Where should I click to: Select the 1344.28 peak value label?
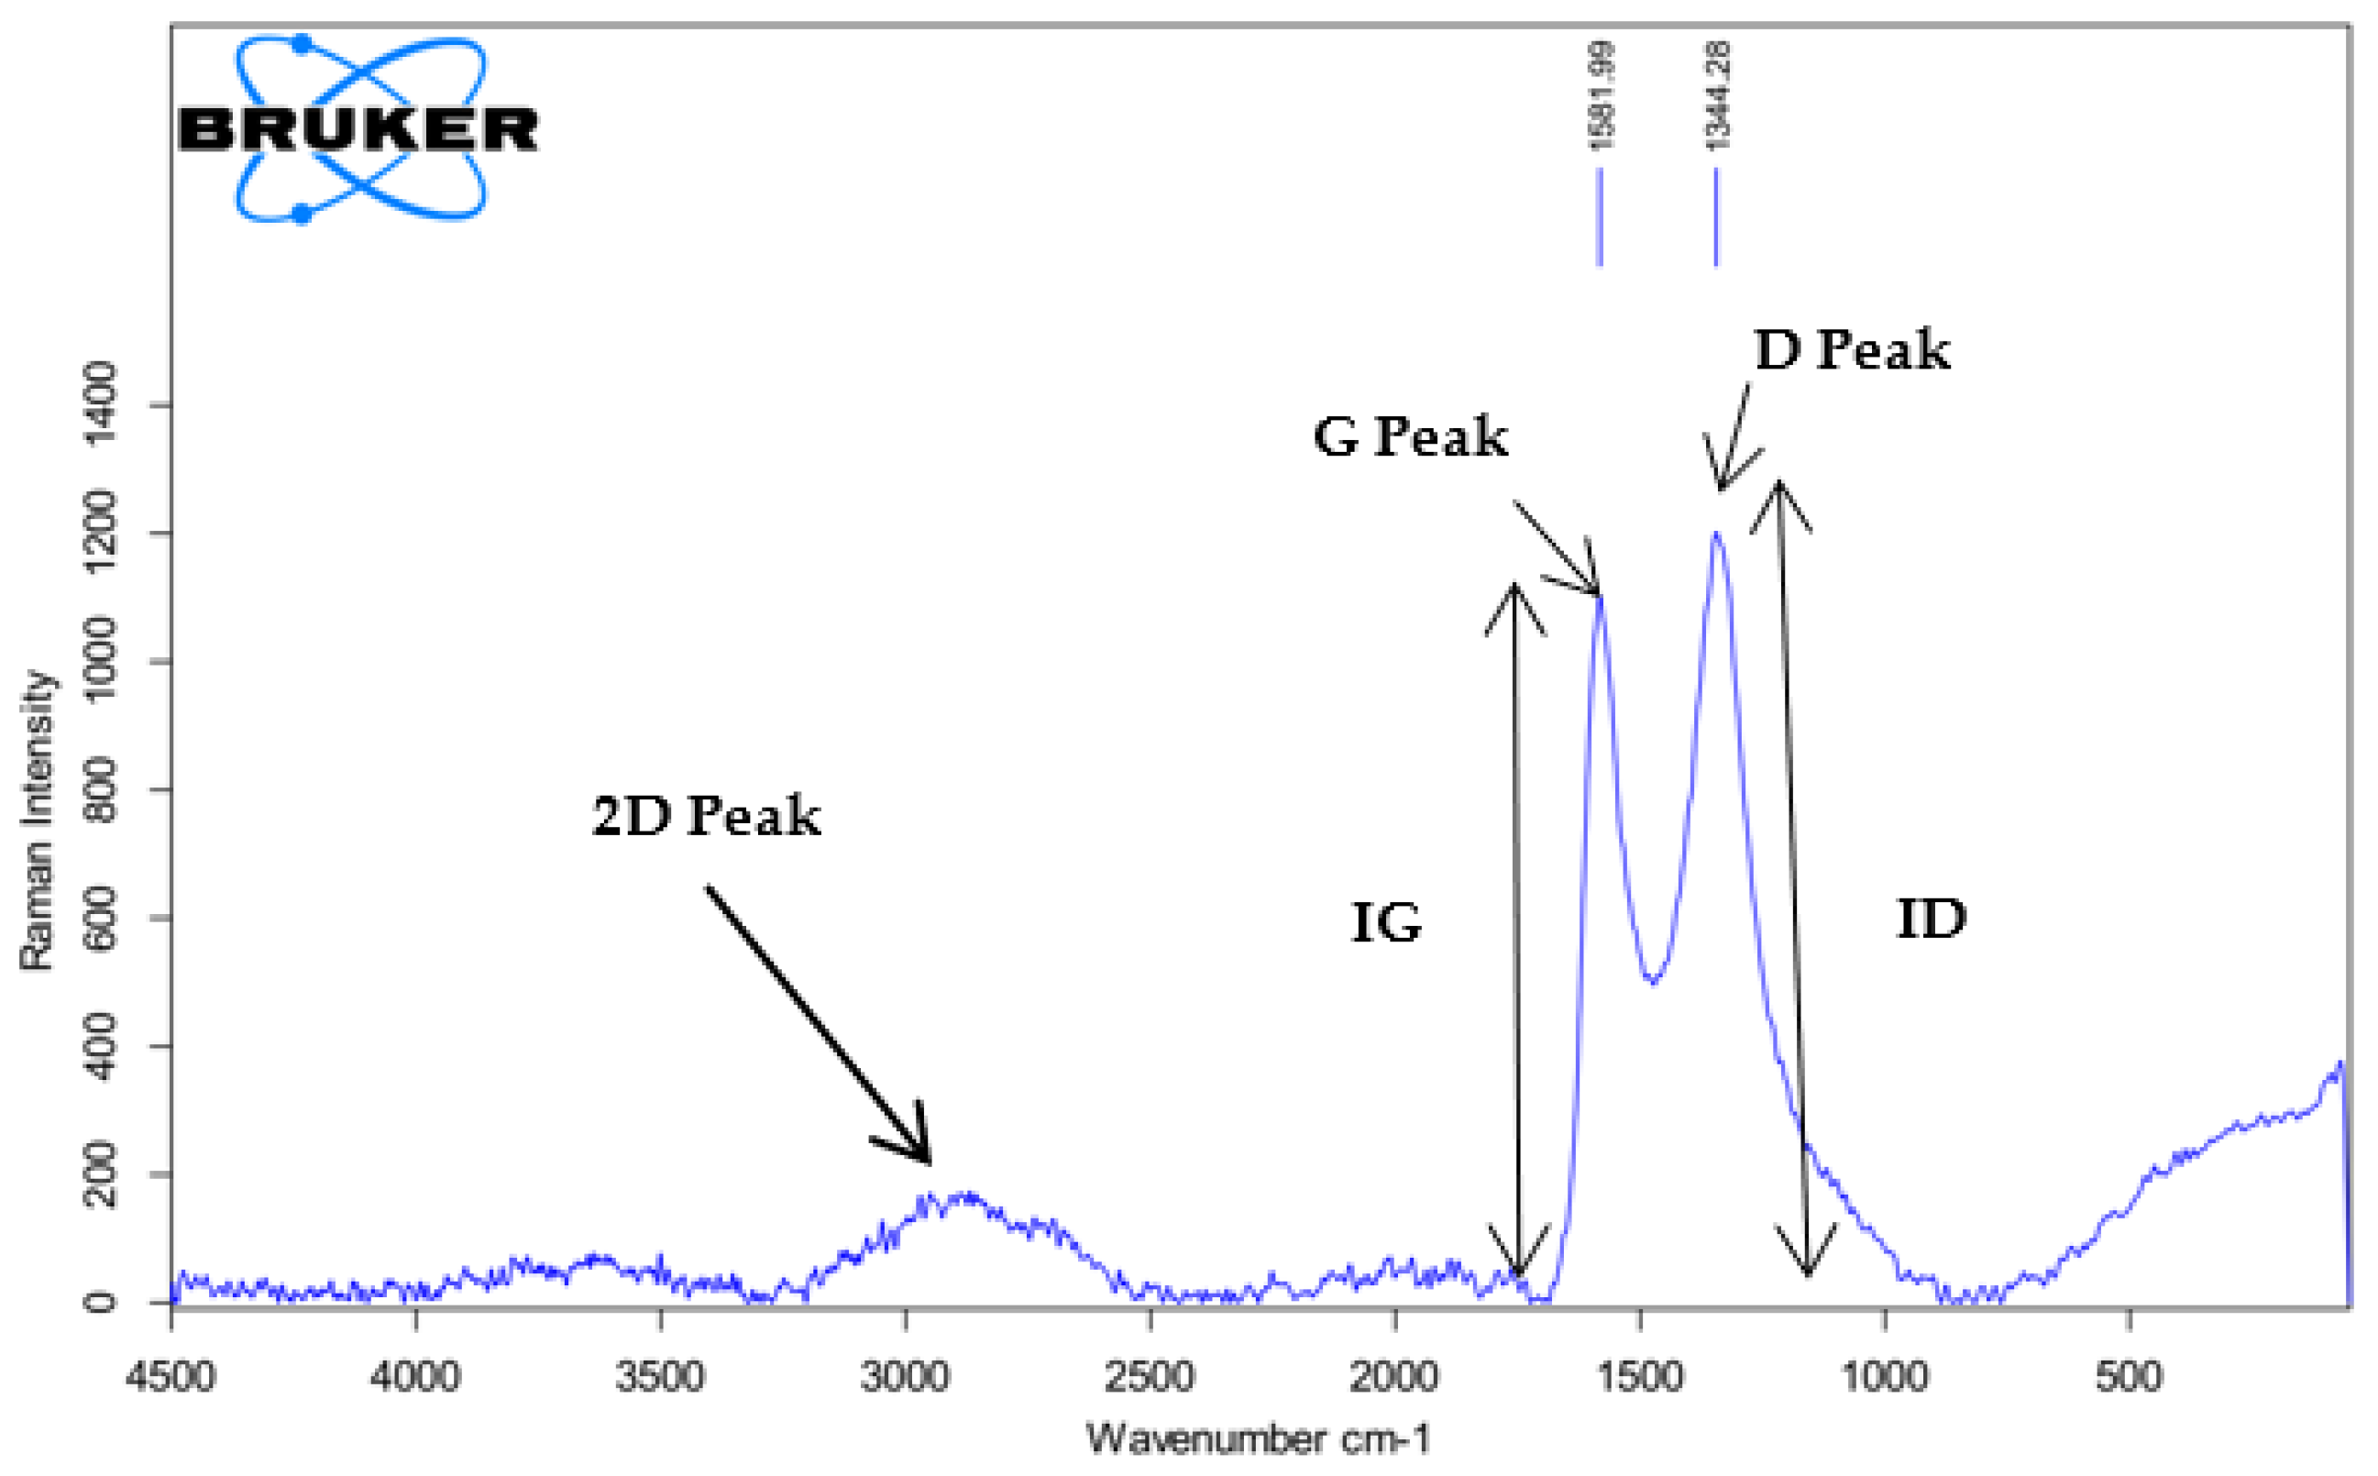(x=1718, y=95)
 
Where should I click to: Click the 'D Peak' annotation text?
(x=1852, y=350)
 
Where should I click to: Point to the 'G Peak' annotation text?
(x=1410, y=436)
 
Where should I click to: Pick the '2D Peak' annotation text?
(x=706, y=816)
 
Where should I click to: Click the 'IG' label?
(x=1386, y=922)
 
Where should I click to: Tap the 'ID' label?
(x=1930, y=920)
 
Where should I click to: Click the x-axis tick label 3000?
(x=905, y=1377)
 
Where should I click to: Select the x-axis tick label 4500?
(x=171, y=1377)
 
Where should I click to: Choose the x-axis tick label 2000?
(x=1395, y=1377)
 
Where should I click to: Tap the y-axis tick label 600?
(x=102, y=918)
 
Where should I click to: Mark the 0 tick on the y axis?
(x=102, y=1301)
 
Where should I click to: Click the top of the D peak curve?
(x=1716, y=533)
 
